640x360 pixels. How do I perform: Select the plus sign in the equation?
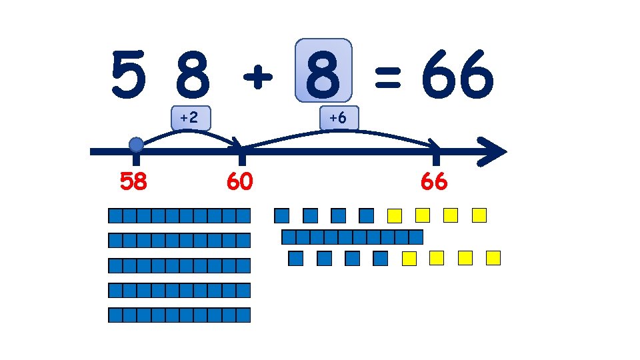click(257, 79)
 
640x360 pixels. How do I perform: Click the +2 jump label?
click(189, 118)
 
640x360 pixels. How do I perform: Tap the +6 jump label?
click(338, 118)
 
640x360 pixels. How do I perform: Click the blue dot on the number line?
click(136, 145)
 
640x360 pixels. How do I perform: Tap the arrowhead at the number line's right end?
click(493, 151)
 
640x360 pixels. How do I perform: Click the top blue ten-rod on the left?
click(179, 215)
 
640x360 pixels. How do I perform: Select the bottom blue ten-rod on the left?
click(179, 315)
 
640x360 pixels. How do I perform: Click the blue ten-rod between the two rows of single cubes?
click(353, 237)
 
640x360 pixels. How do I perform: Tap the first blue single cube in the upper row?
click(282, 215)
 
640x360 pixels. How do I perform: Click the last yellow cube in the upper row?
click(479, 215)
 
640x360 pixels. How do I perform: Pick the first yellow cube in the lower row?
click(409, 258)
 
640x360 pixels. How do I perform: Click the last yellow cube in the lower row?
click(493, 258)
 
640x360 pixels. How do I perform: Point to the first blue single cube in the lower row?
click(296, 258)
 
